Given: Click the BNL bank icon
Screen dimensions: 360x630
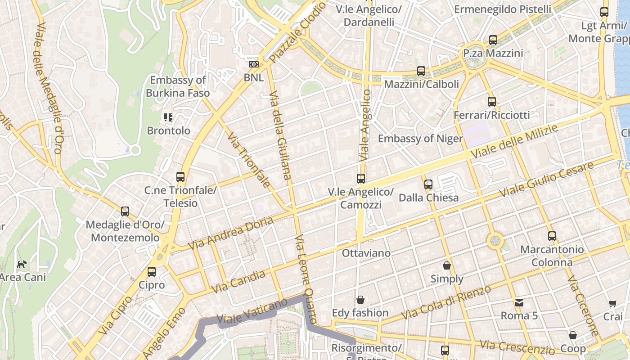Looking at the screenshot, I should pyautogui.click(x=254, y=64).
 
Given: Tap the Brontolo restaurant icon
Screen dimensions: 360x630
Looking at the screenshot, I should pyautogui.click(x=168, y=118).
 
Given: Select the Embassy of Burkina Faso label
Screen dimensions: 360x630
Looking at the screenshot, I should pyautogui.click(x=178, y=87).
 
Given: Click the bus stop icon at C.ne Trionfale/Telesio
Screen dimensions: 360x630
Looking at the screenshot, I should pyautogui.click(x=180, y=177).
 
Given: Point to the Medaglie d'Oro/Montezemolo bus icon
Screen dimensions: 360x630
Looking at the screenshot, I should pyautogui.click(x=125, y=211).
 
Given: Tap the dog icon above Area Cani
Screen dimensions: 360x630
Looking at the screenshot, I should pyautogui.click(x=21, y=264).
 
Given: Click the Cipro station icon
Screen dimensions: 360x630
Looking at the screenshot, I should pyautogui.click(x=152, y=272).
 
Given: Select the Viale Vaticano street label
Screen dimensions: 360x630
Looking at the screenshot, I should pyautogui.click(x=252, y=311).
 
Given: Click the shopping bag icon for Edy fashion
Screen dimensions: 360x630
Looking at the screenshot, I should pyautogui.click(x=360, y=300).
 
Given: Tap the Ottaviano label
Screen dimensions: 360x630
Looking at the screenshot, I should pyautogui.click(x=366, y=253).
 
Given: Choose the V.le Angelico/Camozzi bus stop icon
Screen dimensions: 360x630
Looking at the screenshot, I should pyautogui.click(x=361, y=179).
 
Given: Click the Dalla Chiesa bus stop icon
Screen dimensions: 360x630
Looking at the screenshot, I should pyautogui.click(x=428, y=184).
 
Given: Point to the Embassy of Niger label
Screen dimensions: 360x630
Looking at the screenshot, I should pyautogui.click(x=420, y=139).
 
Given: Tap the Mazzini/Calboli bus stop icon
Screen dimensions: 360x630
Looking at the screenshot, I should pyautogui.click(x=421, y=71).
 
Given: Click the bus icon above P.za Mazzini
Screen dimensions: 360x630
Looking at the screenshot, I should pyautogui.click(x=493, y=40).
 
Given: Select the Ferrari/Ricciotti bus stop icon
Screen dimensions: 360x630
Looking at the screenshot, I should pyautogui.click(x=492, y=102).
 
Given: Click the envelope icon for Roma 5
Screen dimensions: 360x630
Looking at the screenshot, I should pyautogui.click(x=519, y=303).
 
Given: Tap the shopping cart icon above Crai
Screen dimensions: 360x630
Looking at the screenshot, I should pyautogui.click(x=612, y=304).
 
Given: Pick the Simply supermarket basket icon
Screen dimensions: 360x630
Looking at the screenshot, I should pyautogui.click(x=447, y=265).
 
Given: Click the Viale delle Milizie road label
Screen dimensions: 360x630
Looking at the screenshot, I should pyautogui.click(x=514, y=141).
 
